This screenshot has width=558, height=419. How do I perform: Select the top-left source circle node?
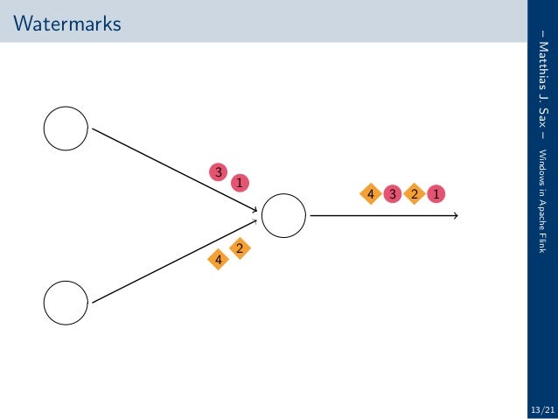pyautogui.click(x=66, y=129)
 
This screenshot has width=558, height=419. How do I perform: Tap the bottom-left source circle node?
pyautogui.click(x=66, y=303)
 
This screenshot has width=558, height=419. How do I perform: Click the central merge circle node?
pyautogui.click(x=283, y=214)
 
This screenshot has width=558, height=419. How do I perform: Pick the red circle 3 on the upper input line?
pyautogui.click(x=218, y=172)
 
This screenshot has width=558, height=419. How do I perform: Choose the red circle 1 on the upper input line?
pyautogui.click(x=239, y=183)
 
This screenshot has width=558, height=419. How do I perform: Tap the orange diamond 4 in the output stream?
pyautogui.click(x=371, y=193)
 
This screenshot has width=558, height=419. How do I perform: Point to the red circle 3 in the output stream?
pyautogui.click(x=392, y=193)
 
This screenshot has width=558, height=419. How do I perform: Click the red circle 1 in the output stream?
pyautogui.click(x=435, y=193)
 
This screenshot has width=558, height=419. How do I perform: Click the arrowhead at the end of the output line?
pyautogui.click(x=455, y=214)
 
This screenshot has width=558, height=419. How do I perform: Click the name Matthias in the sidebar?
pyautogui.click(x=542, y=70)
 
